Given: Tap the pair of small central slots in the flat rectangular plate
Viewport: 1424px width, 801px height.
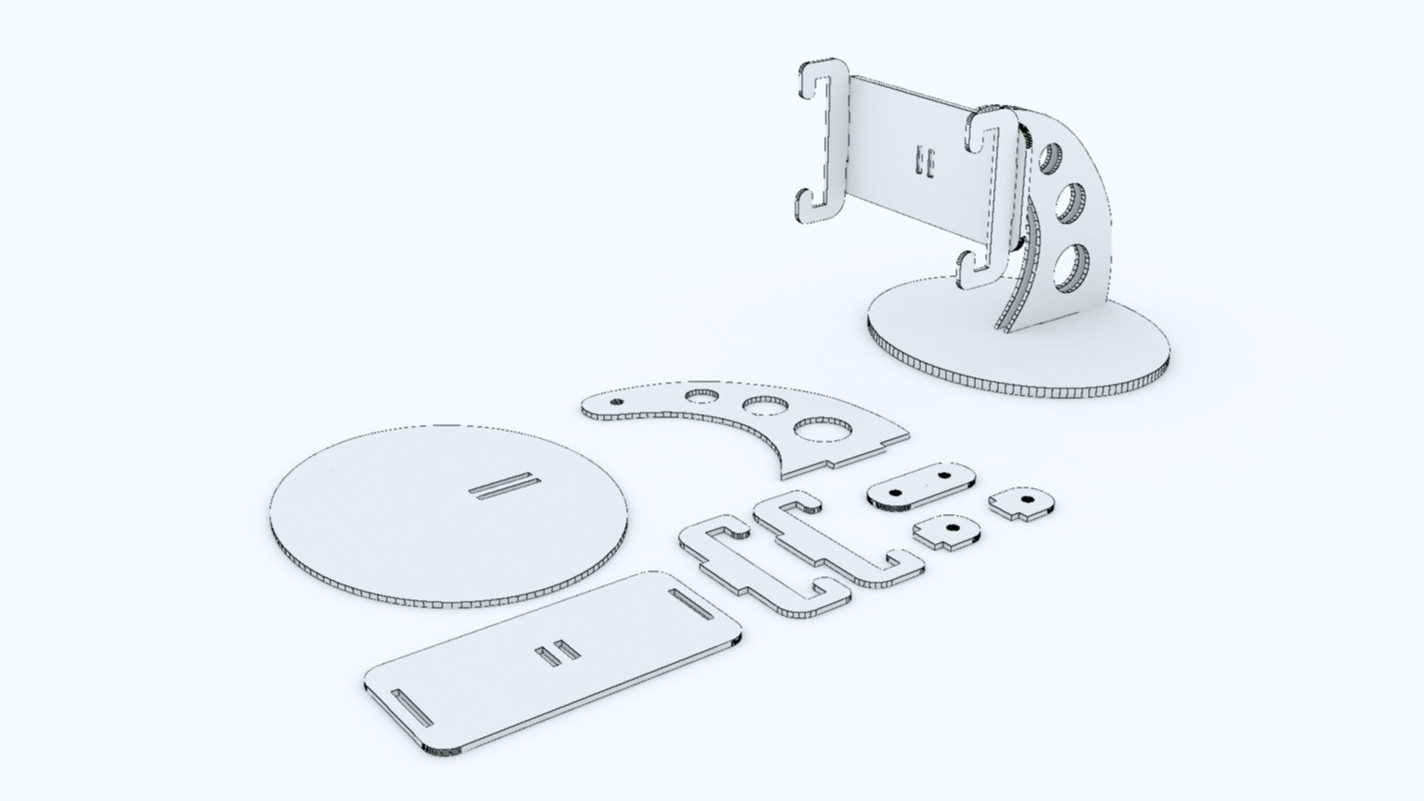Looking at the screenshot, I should tap(560, 653).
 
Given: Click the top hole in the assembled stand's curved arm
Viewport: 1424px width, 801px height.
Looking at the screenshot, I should tap(1051, 157).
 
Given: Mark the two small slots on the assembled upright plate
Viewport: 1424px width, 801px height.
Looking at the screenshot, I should tap(924, 162).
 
